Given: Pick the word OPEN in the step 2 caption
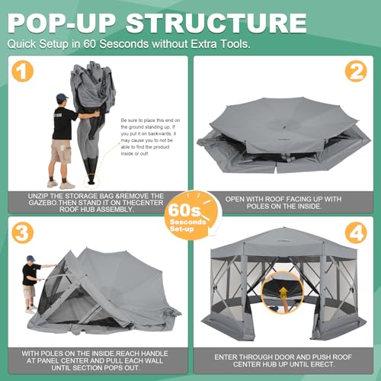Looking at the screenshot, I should (235, 197).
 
